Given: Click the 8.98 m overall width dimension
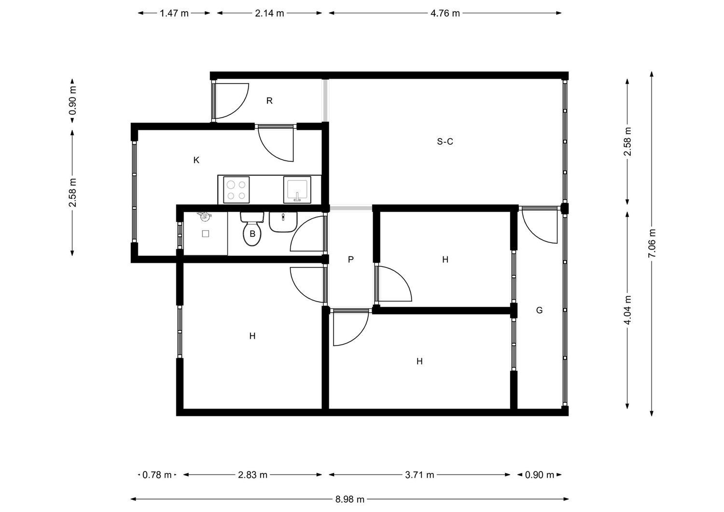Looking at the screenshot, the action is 349,499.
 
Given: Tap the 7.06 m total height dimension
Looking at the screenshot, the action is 652,243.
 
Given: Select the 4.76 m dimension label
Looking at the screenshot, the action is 445,13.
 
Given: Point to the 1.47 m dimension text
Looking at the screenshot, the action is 174,13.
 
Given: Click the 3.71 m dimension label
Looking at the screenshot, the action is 419,475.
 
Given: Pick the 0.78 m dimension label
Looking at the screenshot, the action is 157,475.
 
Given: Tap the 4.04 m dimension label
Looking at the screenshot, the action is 627,310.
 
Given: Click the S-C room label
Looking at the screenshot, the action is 445,141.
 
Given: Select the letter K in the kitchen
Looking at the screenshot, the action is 196,160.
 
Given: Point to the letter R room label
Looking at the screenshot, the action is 269,101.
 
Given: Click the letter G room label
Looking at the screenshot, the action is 540,310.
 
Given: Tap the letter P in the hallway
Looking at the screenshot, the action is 351,259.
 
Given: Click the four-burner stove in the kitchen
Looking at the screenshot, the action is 237,190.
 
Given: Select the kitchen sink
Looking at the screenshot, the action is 297,190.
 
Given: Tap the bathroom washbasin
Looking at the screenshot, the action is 283,222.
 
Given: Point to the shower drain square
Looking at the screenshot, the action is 206,234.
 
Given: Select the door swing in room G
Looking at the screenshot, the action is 540,227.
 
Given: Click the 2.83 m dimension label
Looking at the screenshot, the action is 252,475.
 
